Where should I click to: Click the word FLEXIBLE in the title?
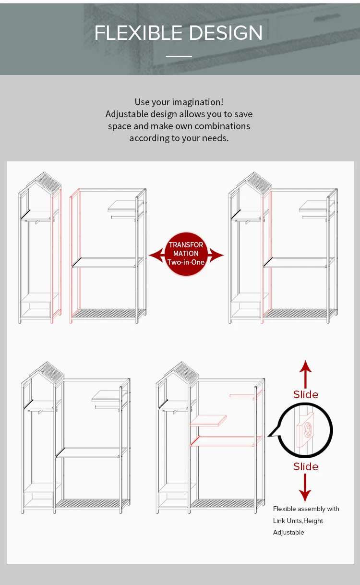pyautogui.click(x=138, y=33)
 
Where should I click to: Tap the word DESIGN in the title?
pyautogui.click(x=225, y=33)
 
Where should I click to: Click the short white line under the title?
pyautogui.click(x=179, y=56)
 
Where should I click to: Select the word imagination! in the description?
pyautogui.click(x=197, y=102)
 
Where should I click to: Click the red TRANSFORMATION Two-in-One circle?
pyautogui.click(x=186, y=254)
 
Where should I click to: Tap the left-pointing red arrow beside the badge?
pyautogui.click(x=156, y=256)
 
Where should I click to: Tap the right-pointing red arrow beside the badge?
pyautogui.click(x=216, y=256)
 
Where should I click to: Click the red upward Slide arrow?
pyautogui.click(x=305, y=374)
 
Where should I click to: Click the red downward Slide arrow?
pyautogui.click(x=305, y=487)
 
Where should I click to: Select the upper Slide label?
pyautogui.click(x=306, y=394)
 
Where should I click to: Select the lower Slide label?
pyautogui.click(x=306, y=466)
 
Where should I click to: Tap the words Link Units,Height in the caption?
pyautogui.click(x=298, y=521)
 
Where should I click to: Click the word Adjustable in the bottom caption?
pyautogui.click(x=288, y=532)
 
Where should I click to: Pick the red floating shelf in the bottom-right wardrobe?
pyautogui.click(x=208, y=420)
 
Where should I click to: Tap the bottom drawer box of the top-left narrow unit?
pyautogui.click(x=36, y=310)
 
